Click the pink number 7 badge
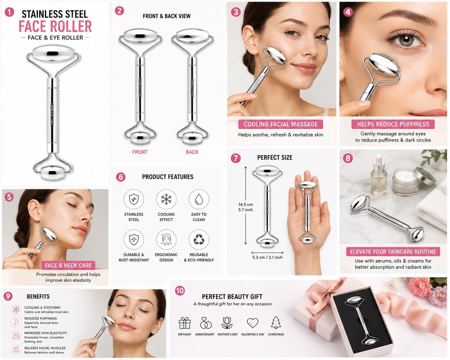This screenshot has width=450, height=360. (236, 158)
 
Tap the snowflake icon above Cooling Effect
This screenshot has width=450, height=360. (166, 199)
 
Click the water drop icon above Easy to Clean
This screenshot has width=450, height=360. (199, 199)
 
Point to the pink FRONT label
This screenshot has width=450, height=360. (140, 152)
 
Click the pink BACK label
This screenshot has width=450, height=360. (192, 152)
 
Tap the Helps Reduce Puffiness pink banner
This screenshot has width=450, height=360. (393, 124)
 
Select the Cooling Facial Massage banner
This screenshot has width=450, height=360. (281, 124)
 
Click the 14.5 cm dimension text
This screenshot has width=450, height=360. (246, 204)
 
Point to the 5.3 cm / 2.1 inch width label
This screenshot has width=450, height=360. (267, 257)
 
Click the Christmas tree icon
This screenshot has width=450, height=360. (276, 322)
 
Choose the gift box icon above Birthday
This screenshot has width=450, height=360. (185, 323)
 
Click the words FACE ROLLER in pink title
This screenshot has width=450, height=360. (55, 26)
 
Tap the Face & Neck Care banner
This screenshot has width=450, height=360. (68, 265)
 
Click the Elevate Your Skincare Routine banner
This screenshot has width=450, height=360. (393, 252)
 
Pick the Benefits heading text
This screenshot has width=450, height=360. (38, 297)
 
